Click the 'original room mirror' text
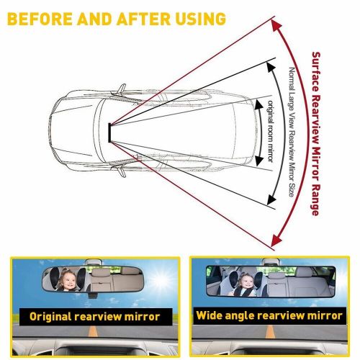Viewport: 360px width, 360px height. click(x=269, y=133)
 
